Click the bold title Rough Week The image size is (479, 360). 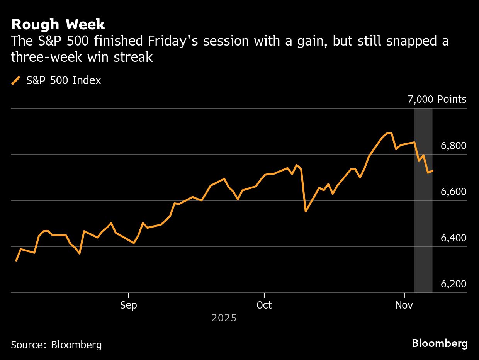coord(58,25)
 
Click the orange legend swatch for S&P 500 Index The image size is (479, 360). coord(16,80)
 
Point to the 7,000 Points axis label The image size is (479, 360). coord(437,99)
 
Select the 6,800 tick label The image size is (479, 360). coord(453,146)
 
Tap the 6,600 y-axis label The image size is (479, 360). coord(453,192)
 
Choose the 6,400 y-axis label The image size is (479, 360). coord(453,238)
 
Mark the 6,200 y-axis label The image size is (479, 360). coord(453,284)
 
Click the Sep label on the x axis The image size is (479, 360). coord(128,305)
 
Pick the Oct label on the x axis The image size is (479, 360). coord(264,305)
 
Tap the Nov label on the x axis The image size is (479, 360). coord(404,305)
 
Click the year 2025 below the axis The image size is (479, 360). coord(224,318)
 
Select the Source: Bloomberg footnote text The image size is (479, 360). coord(56,345)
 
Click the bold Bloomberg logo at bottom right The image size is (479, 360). coord(440,343)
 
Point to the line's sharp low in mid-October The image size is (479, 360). coord(306,211)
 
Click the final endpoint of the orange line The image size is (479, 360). coord(433,171)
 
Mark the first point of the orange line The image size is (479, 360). coord(16,261)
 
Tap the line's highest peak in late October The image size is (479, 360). coord(389,133)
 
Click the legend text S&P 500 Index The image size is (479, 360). coord(64,80)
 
